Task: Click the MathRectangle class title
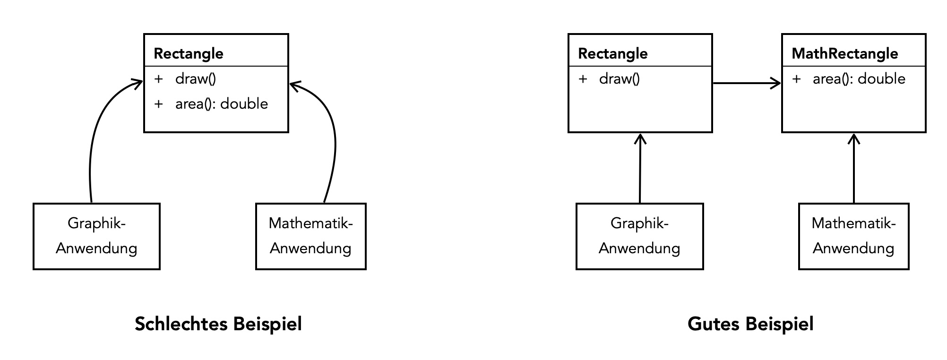844,53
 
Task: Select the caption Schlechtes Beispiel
218,324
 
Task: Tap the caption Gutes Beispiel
750,324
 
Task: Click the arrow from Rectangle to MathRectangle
747,84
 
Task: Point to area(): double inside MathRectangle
859,79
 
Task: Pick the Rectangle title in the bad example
189,53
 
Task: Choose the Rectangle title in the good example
612,53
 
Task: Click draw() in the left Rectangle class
195,79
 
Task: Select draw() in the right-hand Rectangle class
619,79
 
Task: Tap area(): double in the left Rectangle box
221,104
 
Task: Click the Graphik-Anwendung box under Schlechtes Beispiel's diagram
96,236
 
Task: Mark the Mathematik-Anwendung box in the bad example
310,236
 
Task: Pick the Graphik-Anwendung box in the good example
639,236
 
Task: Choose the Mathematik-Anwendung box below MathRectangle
853,236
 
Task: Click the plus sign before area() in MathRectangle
796,79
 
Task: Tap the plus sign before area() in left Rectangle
158,104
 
